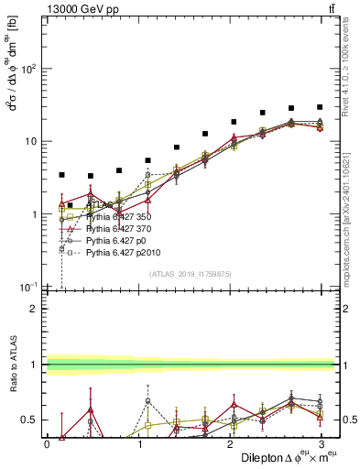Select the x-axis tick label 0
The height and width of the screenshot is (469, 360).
[x=47, y=443]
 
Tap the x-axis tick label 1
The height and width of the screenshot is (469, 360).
[x=139, y=443]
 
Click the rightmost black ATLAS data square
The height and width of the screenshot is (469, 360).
[x=320, y=107]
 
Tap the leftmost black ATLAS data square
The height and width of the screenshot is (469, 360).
[x=61, y=174]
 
